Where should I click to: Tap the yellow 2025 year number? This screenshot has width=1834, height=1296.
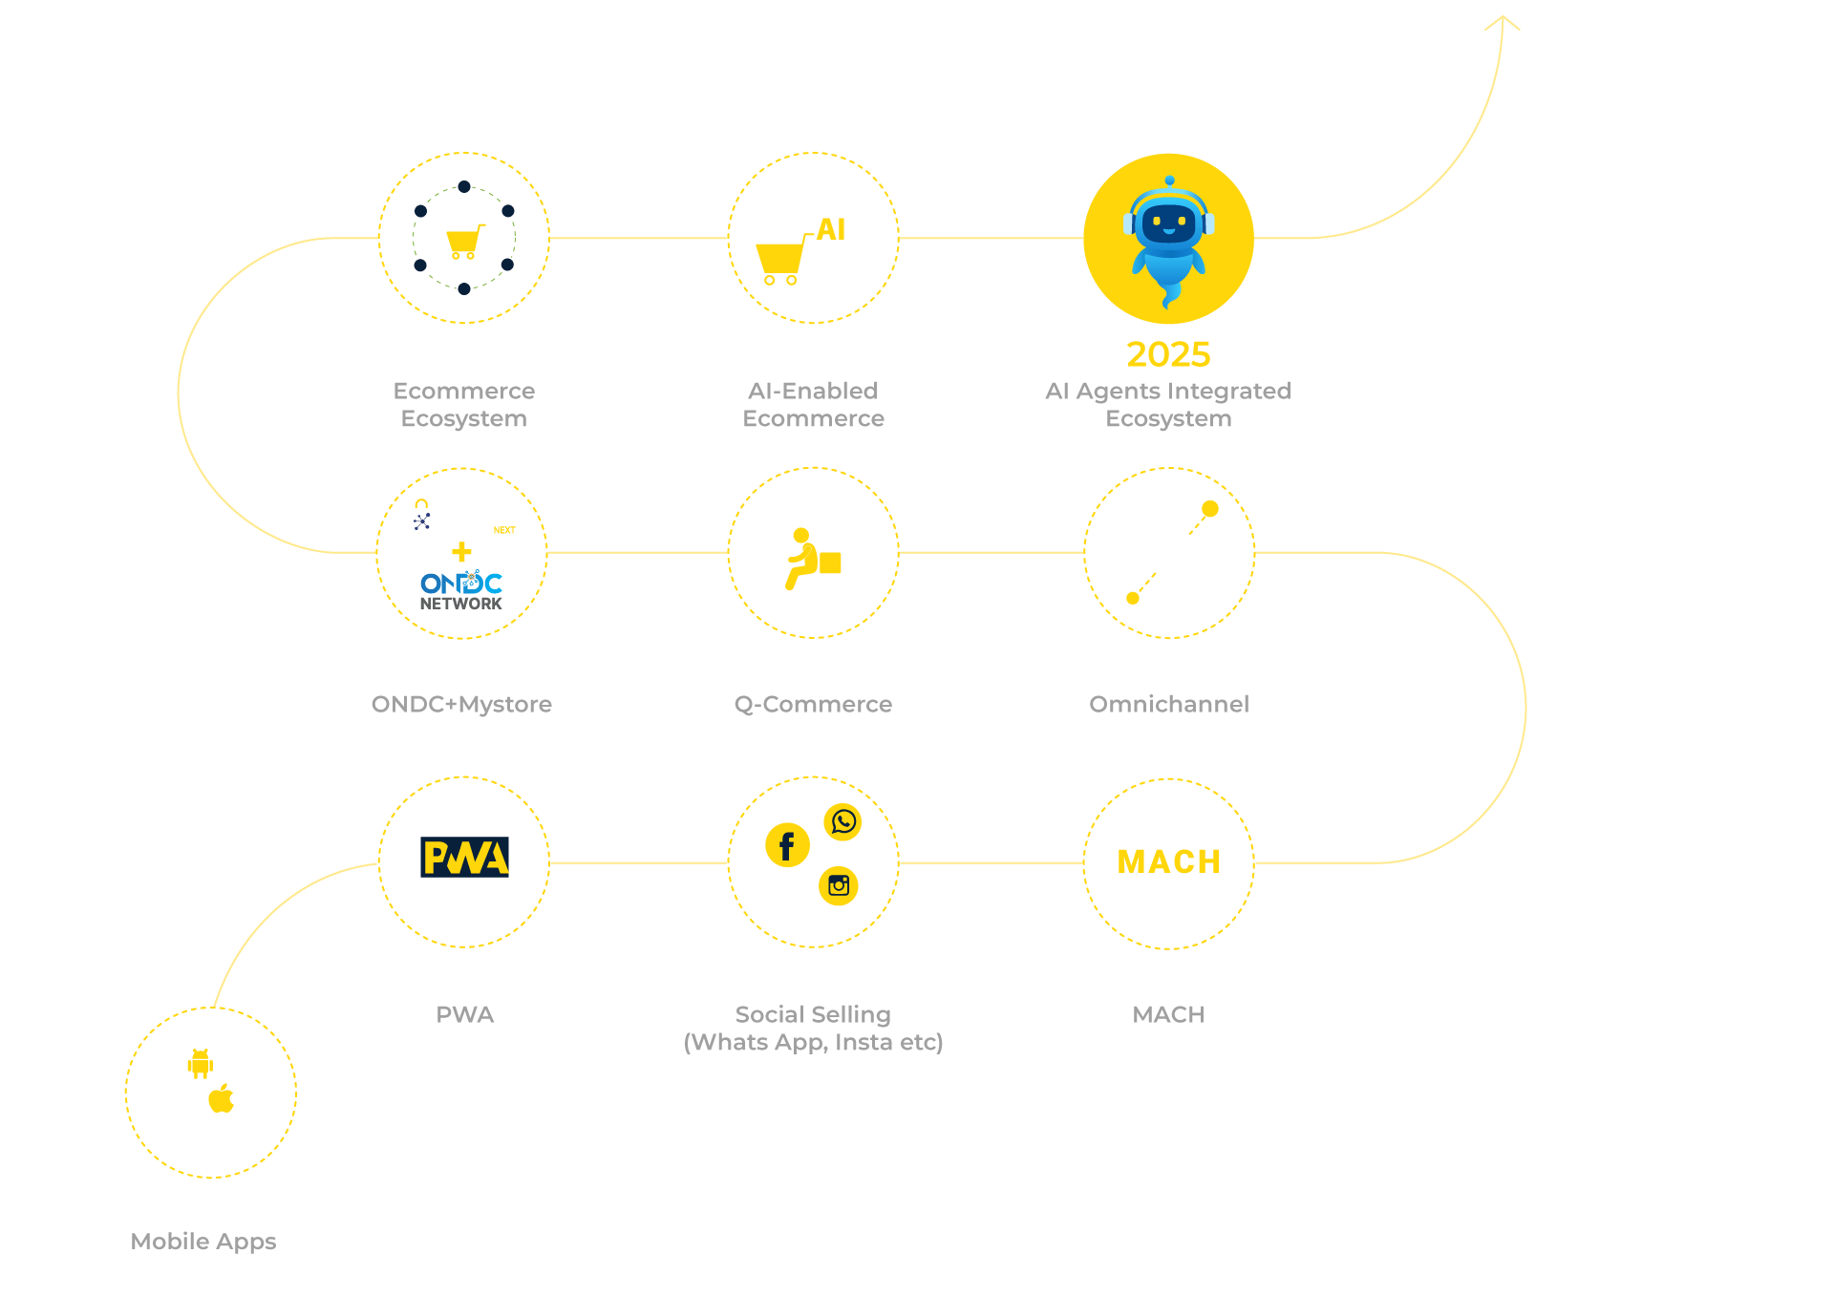point(1168,354)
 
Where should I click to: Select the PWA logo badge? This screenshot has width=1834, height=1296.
point(465,857)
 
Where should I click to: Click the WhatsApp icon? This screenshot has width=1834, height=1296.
point(843,821)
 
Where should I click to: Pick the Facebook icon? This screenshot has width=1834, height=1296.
point(787,845)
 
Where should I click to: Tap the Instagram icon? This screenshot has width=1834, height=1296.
point(839,885)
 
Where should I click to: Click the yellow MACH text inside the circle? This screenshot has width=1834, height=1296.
point(1169,862)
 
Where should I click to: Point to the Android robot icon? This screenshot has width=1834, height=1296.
point(201,1064)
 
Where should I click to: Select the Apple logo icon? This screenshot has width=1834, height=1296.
point(222,1098)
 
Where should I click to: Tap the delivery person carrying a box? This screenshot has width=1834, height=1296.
point(813,559)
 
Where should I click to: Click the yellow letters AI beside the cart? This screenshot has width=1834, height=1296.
point(831,229)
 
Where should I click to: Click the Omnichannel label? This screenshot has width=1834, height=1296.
point(1169,704)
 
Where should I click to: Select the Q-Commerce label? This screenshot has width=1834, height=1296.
point(813,705)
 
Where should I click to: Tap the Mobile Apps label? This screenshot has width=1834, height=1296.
point(203,1242)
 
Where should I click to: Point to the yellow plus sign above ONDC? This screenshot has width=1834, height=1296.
point(461,552)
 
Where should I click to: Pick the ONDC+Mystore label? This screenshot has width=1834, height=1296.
point(461,705)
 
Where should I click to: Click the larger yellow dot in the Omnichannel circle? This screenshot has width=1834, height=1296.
point(1210,509)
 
